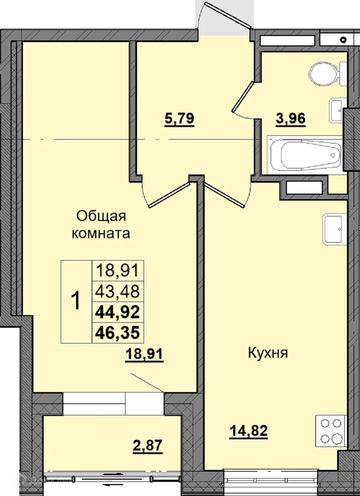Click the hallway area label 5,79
pyautogui.click(x=179, y=119)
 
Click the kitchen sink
pyautogui.click(x=333, y=229)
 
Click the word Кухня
pyautogui.click(x=268, y=353)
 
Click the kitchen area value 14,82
pyautogui.click(x=248, y=431)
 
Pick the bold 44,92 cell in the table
pyautogui.click(x=117, y=312)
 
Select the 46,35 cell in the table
pyautogui.click(x=117, y=332)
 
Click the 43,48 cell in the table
pyautogui.click(x=117, y=291)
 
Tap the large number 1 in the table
pyautogui.click(x=76, y=302)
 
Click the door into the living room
pyautogui.click(x=168, y=195)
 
